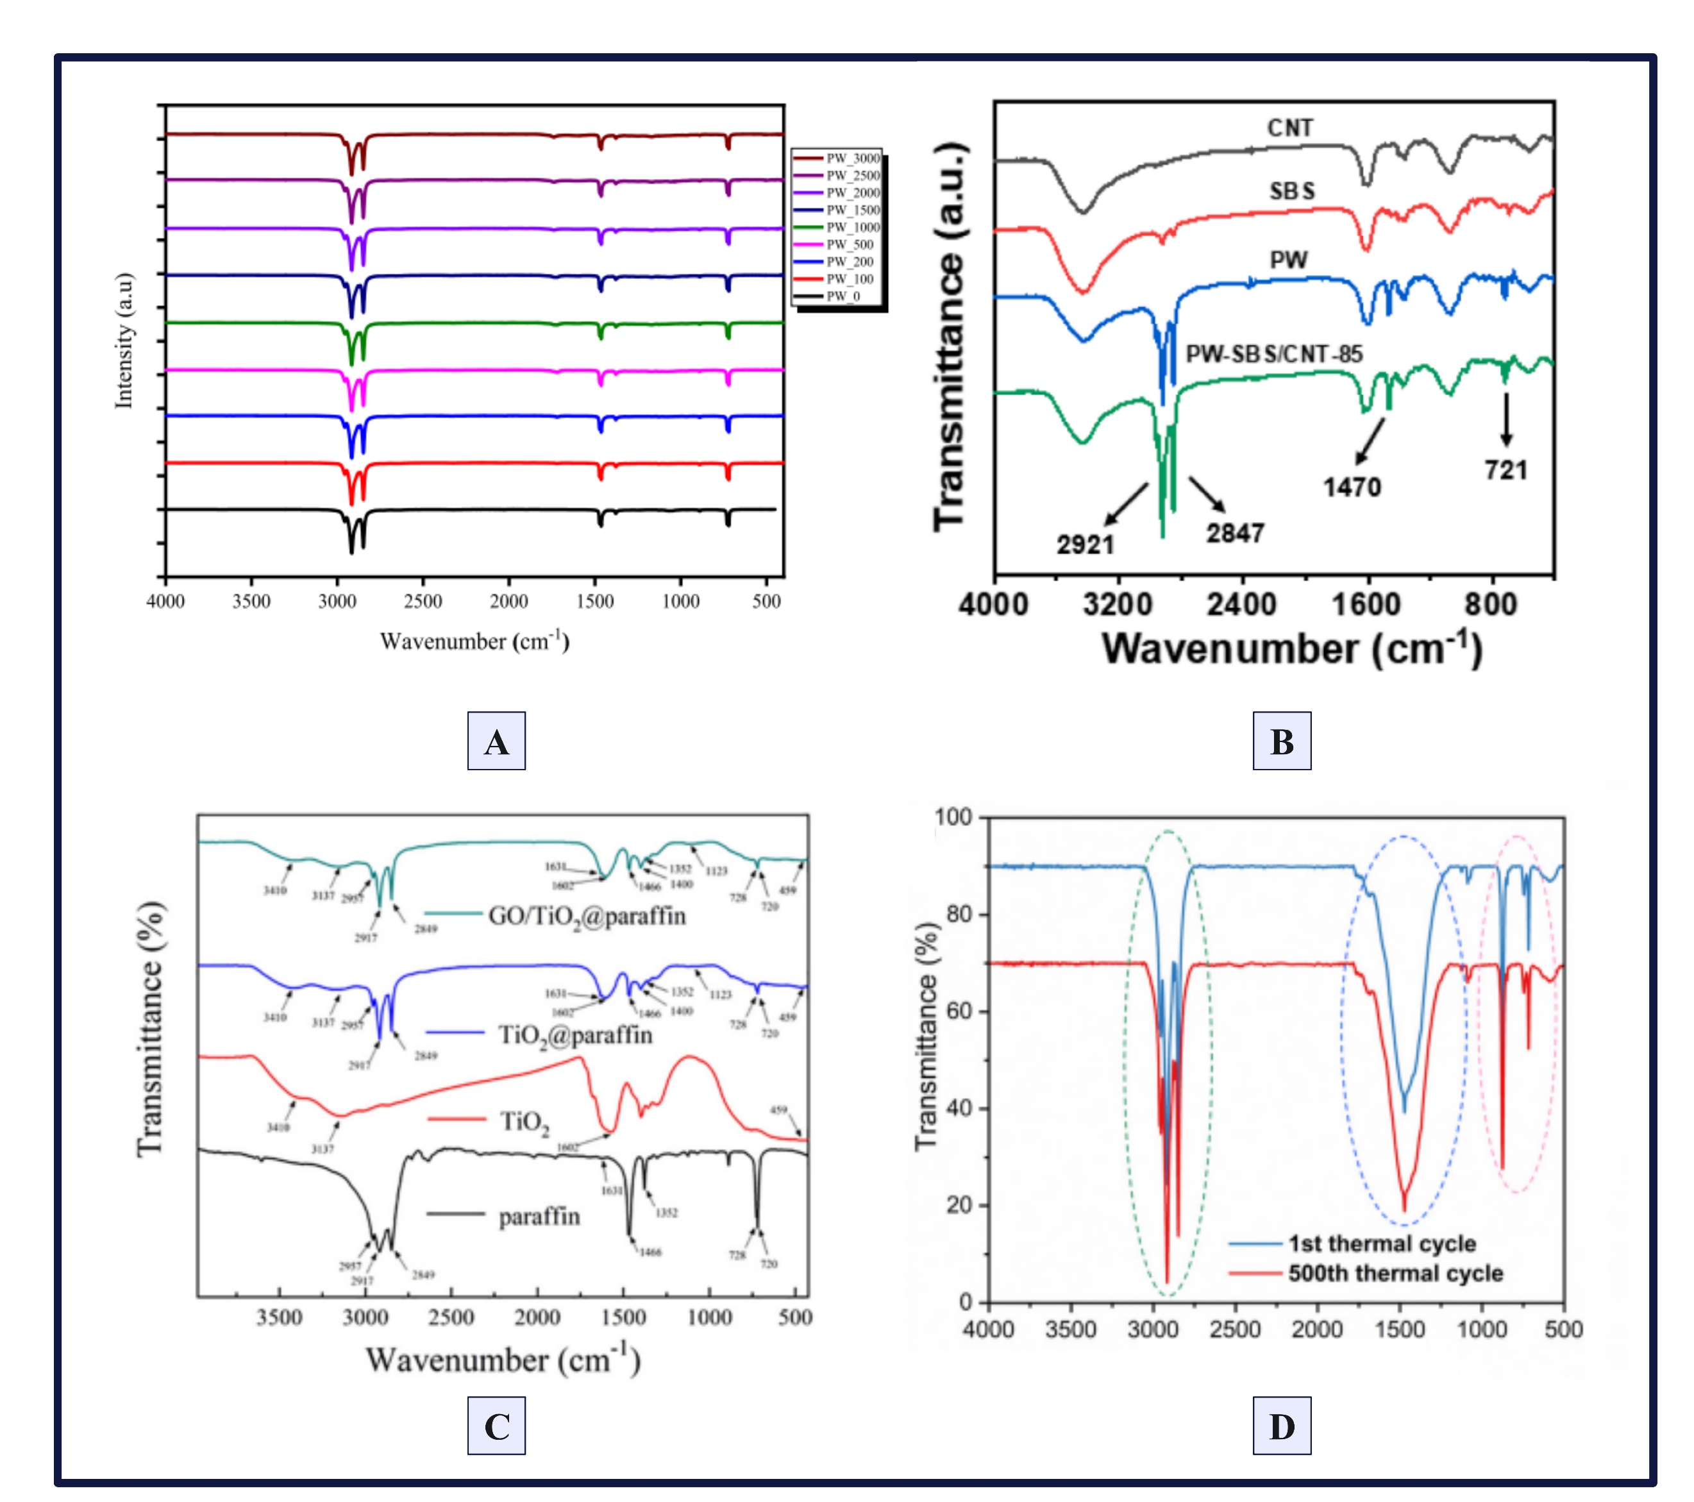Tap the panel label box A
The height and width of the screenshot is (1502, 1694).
pyautogui.click(x=496, y=741)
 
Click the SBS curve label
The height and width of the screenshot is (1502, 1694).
pyautogui.click(x=1292, y=192)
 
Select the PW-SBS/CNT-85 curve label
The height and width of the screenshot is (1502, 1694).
pyautogui.click(x=1274, y=354)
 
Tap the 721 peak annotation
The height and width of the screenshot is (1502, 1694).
pyautogui.click(x=1506, y=470)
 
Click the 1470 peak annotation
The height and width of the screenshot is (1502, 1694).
pyautogui.click(x=1352, y=487)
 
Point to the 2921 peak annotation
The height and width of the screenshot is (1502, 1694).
pyautogui.click(x=1085, y=544)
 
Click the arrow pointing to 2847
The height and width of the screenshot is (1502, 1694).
pyautogui.click(x=1207, y=494)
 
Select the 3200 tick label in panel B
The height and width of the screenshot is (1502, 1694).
pyautogui.click(x=1117, y=604)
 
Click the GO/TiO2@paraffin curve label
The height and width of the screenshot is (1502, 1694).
pyautogui.click(x=587, y=916)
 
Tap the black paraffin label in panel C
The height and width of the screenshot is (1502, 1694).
pyautogui.click(x=539, y=1217)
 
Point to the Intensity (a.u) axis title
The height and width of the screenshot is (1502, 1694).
pyautogui.click(x=124, y=340)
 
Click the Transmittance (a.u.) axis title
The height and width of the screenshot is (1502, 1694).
pyautogui.click(x=950, y=335)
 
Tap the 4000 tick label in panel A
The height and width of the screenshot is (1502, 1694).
pyautogui.click(x=166, y=601)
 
